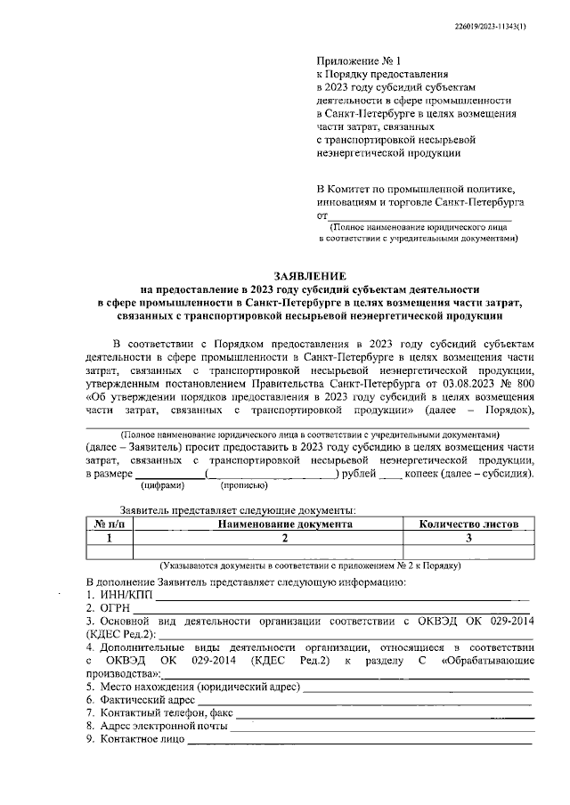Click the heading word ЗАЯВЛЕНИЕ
pyautogui.click(x=309, y=277)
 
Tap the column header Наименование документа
pyautogui.click(x=286, y=524)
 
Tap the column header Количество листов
pyautogui.click(x=468, y=524)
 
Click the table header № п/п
pyautogui.click(x=110, y=524)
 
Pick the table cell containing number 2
pyautogui.click(x=286, y=538)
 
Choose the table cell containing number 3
pyautogui.click(x=468, y=538)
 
